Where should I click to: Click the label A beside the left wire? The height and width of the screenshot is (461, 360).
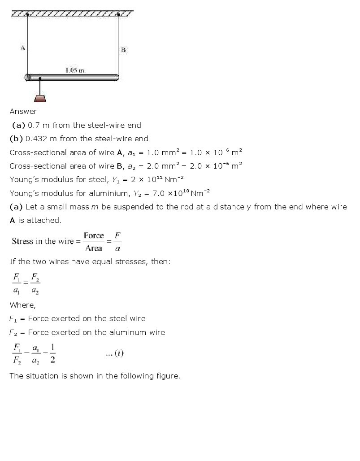click(x=22, y=47)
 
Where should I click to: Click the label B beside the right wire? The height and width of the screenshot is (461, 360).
click(x=123, y=50)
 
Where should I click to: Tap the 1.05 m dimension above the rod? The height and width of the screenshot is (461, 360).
click(x=74, y=70)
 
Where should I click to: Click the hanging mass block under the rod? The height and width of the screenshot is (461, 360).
click(x=40, y=98)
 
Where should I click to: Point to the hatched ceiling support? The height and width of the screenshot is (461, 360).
click(x=72, y=13)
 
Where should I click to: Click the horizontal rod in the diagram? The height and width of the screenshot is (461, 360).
click(x=72, y=77)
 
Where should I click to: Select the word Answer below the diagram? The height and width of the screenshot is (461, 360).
click(x=23, y=111)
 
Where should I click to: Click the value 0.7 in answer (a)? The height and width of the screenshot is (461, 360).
click(x=34, y=125)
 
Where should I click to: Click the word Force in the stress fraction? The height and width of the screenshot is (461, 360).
click(x=94, y=235)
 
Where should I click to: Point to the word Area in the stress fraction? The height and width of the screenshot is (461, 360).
click(x=94, y=248)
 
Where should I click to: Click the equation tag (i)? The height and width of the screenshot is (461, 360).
click(x=119, y=353)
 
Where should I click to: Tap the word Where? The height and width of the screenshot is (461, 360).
click(x=22, y=305)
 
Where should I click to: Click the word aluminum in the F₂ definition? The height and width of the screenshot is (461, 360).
click(x=123, y=332)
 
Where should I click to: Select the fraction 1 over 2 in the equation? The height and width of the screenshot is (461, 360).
click(x=52, y=353)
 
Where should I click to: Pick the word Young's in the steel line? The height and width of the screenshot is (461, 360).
click(x=25, y=179)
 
